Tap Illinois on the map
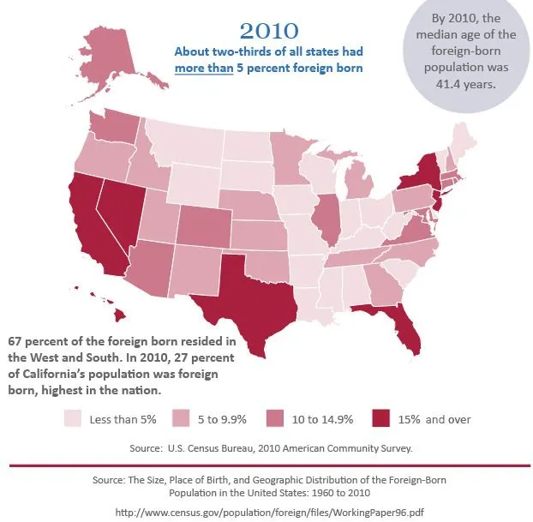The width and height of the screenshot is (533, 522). pyautogui.click(x=326, y=219)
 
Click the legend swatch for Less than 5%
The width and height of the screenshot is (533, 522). pyautogui.click(x=73, y=419)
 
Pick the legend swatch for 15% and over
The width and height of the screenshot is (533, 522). pyautogui.click(x=380, y=419)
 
